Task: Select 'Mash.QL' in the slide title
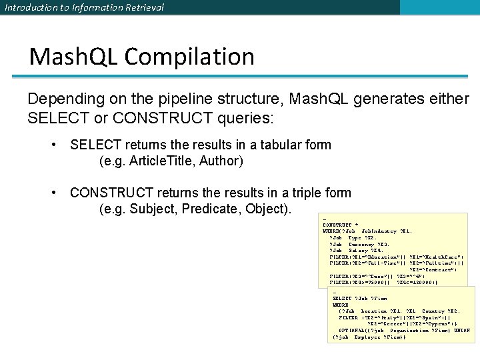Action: [x=72, y=57]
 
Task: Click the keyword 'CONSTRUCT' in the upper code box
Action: [x=337, y=225]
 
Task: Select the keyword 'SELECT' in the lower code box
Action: [x=343, y=298]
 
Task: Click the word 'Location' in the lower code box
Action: [x=374, y=311]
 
